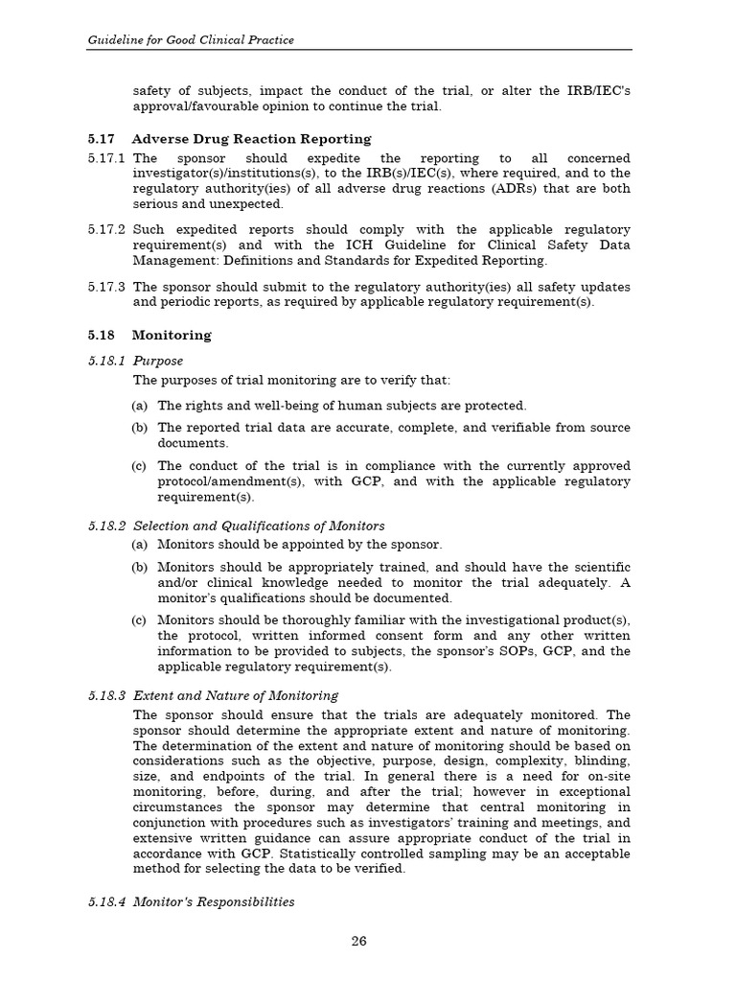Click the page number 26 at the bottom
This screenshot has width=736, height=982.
coord(358,941)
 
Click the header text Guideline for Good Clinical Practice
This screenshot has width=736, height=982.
coord(191,39)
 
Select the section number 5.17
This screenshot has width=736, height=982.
coord(101,138)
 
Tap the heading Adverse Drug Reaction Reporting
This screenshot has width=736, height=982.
coord(251,138)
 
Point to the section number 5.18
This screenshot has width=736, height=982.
coord(101,336)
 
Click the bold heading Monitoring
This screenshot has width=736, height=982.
coord(171,336)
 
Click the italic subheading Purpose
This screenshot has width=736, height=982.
coord(157,361)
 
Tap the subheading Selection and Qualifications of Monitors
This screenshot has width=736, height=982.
coord(259,526)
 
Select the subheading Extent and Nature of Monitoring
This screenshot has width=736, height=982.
coord(235,695)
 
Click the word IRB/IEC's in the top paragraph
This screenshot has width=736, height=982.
coord(597,91)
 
